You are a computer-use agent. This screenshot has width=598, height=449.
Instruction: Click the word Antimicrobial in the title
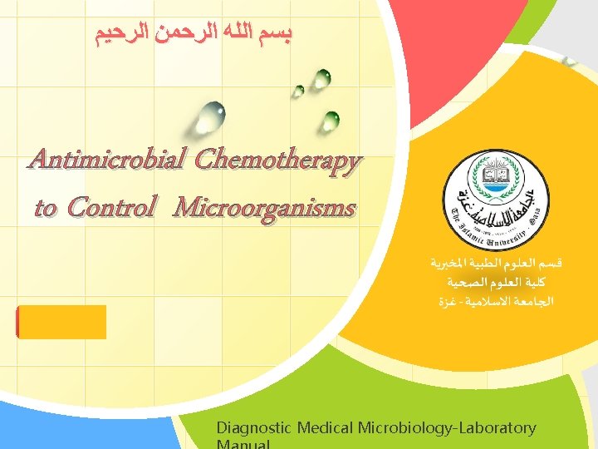tap(98, 160)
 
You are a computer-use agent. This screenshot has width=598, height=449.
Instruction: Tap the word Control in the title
tap(110, 207)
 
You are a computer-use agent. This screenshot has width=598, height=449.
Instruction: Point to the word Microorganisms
tap(264, 207)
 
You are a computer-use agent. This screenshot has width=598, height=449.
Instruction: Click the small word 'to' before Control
tap(46, 208)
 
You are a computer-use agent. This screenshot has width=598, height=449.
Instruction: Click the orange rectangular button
tap(61, 322)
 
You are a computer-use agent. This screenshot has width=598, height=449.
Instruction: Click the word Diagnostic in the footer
tap(254, 428)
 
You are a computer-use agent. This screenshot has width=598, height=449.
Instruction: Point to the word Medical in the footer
tap(324, 428)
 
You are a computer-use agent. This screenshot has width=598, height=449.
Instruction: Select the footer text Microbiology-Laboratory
tap(447, 428)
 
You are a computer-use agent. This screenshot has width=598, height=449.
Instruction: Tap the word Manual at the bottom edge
tap(243, 445)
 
